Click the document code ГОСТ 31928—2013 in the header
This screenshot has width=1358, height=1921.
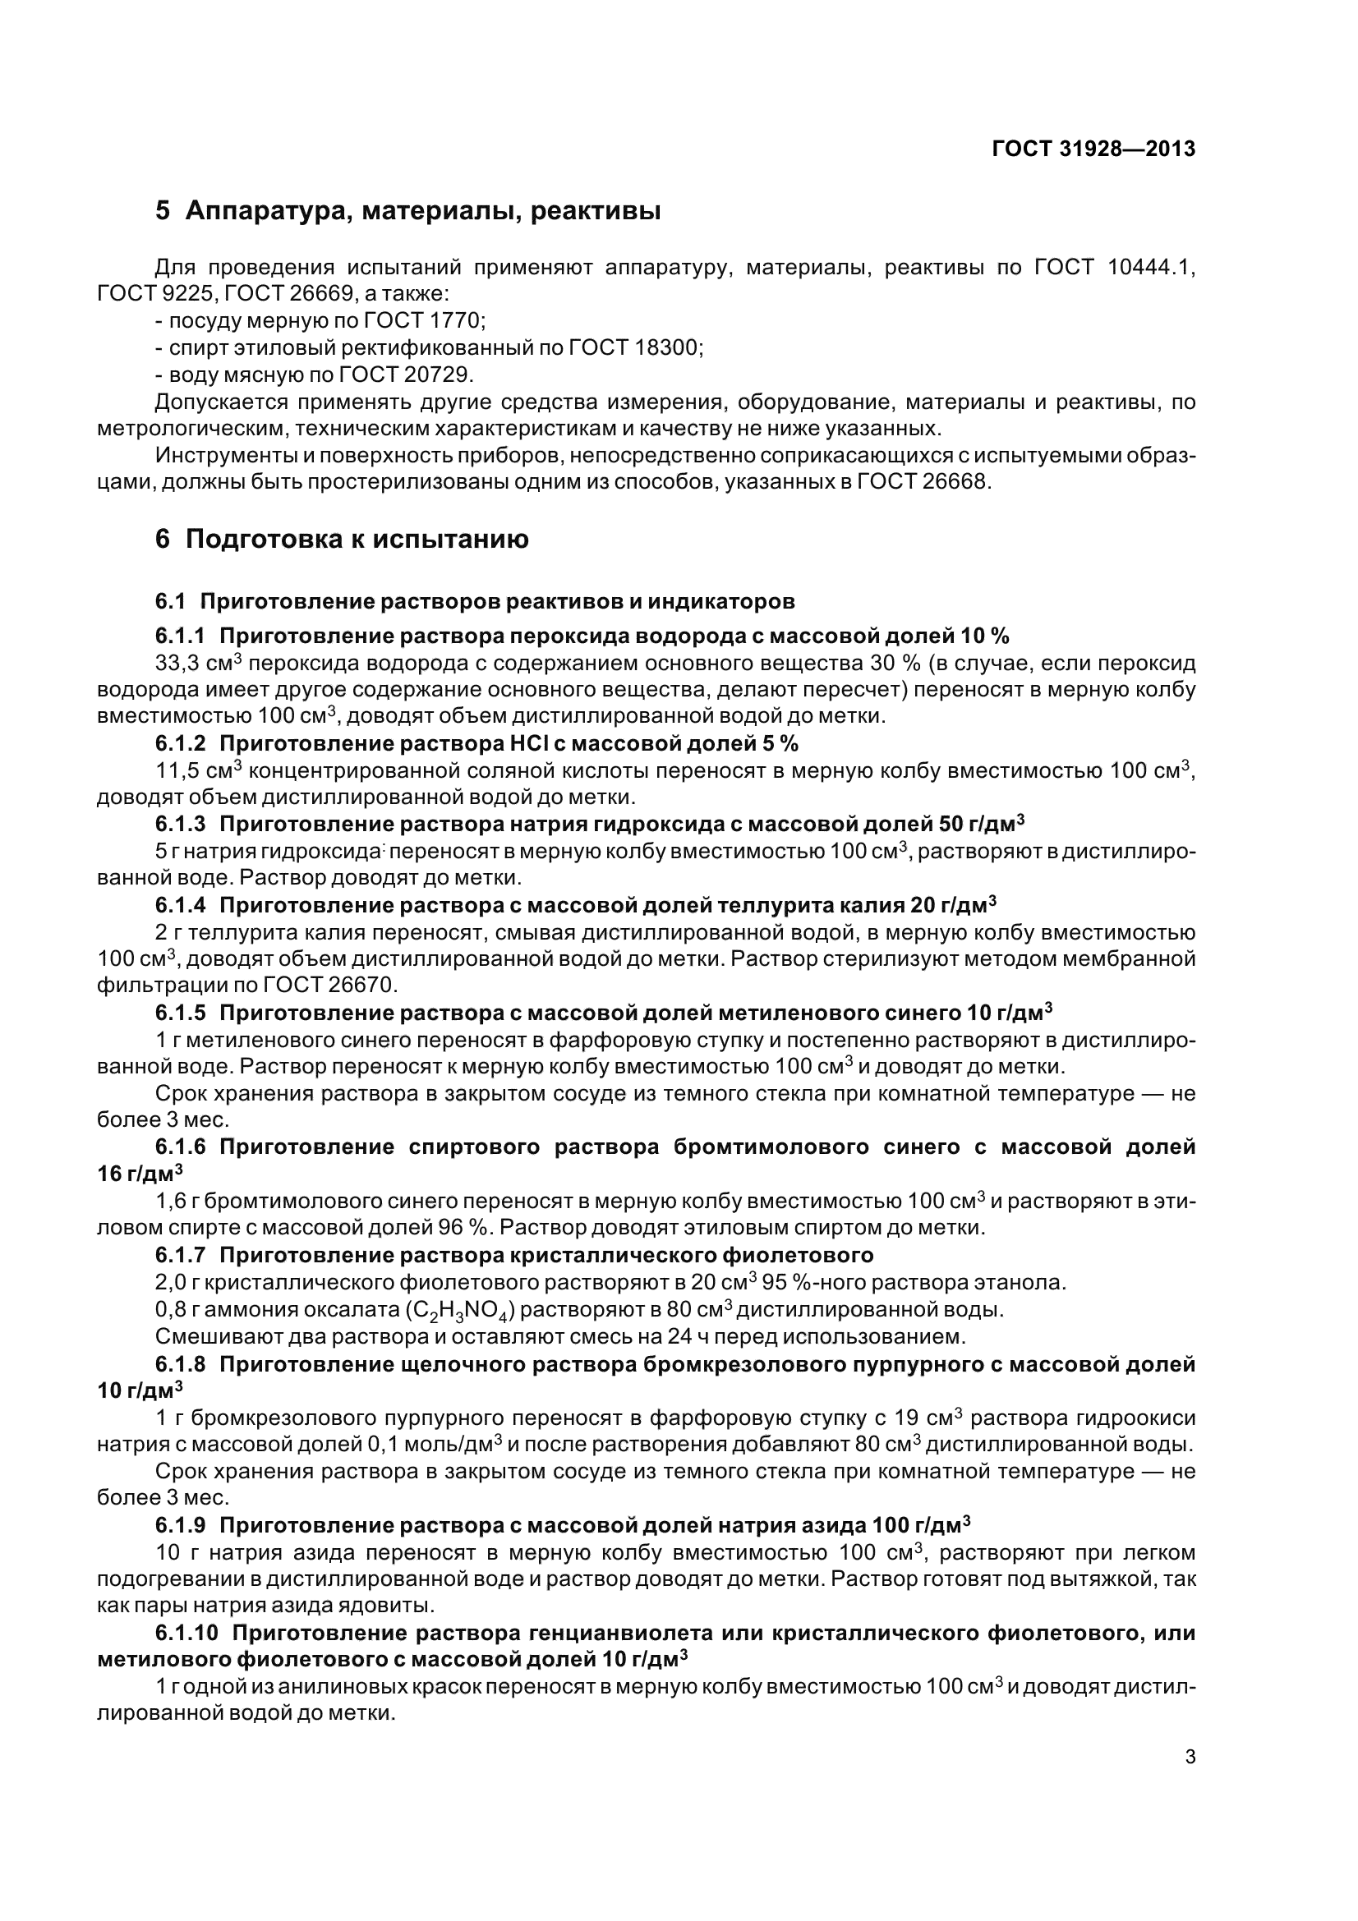click(1093, 149)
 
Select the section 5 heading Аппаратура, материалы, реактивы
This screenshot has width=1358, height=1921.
click(407, 211)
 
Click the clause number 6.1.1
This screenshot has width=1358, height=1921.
click(180, 637)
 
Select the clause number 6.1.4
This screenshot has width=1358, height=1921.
click(180, 905)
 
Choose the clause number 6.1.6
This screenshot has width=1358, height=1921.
click(180, 1147)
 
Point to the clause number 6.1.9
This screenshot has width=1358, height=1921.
click(180, 1523)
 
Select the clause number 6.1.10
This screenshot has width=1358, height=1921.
click(186, 1634)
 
